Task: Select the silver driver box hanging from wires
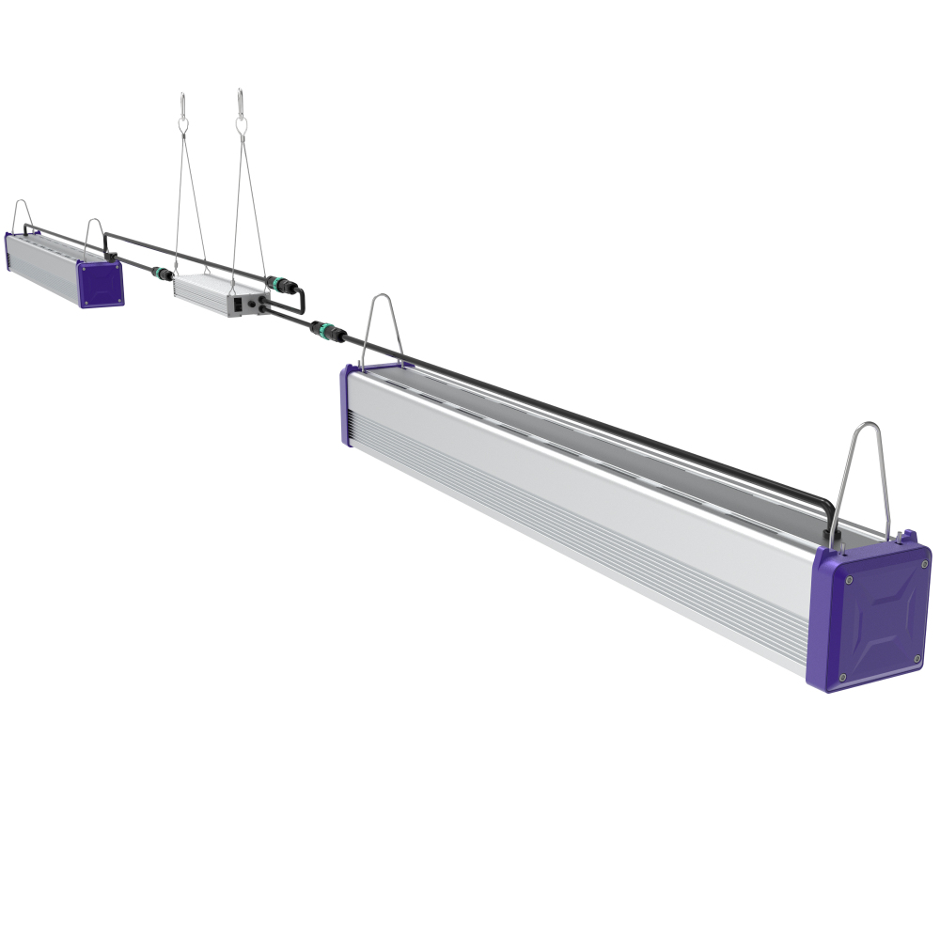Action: [x=216, y=291]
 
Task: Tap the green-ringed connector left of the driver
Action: [x=163, y=274]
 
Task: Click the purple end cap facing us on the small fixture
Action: [x=100, y=284]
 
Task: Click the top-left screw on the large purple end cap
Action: [x=849, y=581]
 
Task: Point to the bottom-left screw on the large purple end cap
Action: [x=843, y=678]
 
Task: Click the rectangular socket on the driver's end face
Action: [x=241, y=304]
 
